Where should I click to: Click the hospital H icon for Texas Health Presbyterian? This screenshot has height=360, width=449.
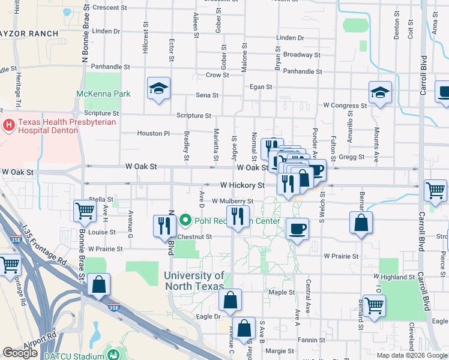coord(10,125)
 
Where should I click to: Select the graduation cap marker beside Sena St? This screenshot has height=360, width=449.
coord(158,89)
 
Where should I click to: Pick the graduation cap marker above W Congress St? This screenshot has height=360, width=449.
coord(381,93)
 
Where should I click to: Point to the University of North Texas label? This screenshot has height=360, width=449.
coord(195,281)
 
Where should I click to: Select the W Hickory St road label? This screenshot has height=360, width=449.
coord(242,186)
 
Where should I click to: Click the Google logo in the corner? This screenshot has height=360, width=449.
coord(20,353)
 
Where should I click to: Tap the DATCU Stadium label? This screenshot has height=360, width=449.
coord(72,354)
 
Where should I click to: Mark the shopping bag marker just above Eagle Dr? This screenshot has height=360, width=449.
coord(230,299)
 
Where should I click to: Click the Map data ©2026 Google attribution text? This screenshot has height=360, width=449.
coord(412,355)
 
